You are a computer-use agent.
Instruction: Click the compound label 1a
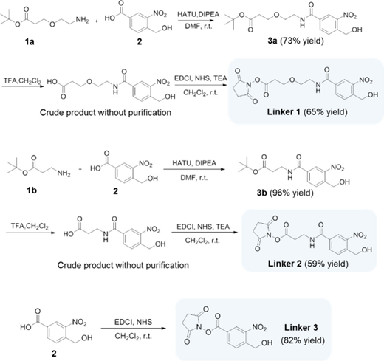(30, 42)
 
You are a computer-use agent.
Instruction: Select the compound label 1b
(32, 190)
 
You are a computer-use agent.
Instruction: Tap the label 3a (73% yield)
(295, 41)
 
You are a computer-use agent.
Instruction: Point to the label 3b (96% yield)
(285, 193)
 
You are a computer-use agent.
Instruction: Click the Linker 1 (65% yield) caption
(307, 112)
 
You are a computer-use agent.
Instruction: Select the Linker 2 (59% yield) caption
(308, 264)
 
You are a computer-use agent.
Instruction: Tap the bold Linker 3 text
(301, 328)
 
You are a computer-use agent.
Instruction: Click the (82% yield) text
(303, 340)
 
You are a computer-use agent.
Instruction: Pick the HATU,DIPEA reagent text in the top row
(199, 14)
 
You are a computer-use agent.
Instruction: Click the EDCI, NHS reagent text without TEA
(133, 322)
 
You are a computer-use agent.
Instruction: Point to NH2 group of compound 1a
(82, 20)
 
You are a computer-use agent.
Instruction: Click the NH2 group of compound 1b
(64, 174)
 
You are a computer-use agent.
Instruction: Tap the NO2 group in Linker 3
(259, 327)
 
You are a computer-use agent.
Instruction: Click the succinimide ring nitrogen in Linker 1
(248, 86)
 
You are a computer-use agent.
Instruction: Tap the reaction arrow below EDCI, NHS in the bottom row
(133, 329)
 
